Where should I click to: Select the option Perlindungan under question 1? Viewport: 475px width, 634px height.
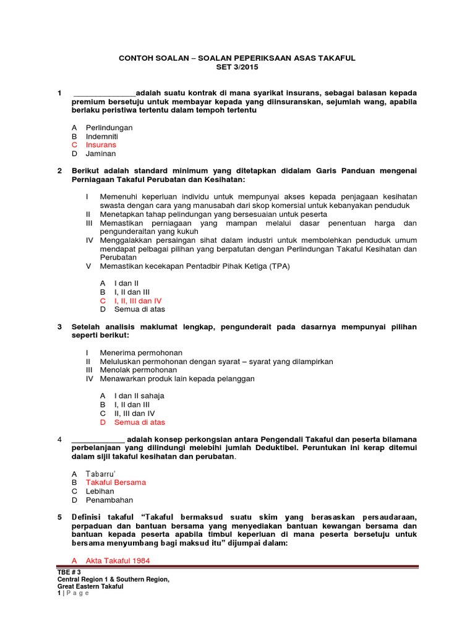pos(109,128)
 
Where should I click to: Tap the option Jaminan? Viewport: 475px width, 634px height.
pos(100,154)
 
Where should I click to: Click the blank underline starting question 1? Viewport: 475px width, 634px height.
pos(104,93)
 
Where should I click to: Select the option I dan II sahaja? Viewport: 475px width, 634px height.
pos(139,396)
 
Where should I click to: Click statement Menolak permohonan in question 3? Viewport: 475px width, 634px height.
pos(137,370)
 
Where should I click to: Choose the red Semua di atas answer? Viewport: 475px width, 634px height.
pos(140,422)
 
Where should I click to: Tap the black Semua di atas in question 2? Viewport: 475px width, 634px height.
pos(140,309)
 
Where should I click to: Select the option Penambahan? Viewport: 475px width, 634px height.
pos(109,500)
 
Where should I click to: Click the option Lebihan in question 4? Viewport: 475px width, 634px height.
pos(100,491)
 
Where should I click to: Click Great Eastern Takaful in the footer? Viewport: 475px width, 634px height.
pos(90,586)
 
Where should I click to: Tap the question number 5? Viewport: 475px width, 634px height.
pos(59,517)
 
